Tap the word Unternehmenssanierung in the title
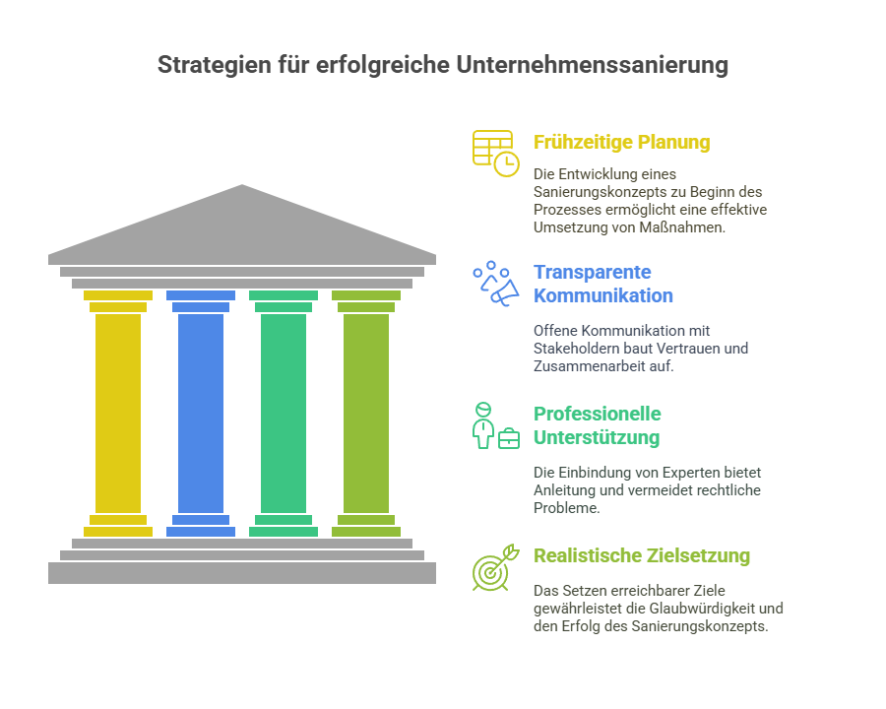593,64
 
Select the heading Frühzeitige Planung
621,142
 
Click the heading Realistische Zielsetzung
642,555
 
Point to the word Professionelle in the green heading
598,414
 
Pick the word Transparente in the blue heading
593,272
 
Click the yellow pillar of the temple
118,414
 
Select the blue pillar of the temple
201,414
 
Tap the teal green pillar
284,414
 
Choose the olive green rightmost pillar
366,414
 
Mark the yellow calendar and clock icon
495,154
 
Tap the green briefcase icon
509,439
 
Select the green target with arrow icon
495,568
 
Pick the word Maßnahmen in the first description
682,227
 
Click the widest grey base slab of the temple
242,573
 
